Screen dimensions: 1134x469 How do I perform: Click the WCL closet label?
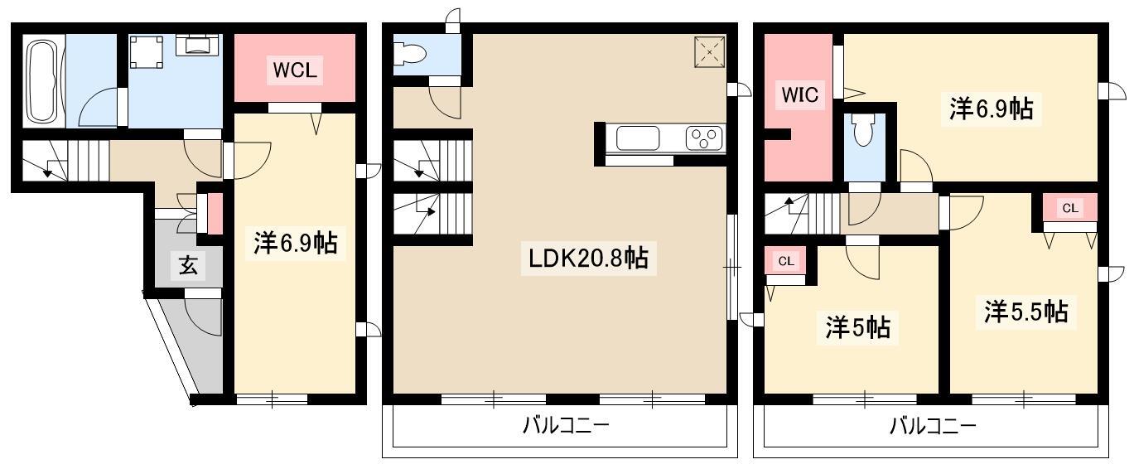coord(295,70)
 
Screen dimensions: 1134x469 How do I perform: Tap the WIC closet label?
coord(799,94)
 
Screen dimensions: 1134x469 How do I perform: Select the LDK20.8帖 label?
coord(588,259)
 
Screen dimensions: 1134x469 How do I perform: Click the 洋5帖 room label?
coord(857,327)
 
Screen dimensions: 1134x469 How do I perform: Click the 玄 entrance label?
coord(188,265)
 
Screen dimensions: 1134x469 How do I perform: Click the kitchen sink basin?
coord(638,138)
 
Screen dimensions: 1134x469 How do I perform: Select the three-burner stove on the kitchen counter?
coord(704,138)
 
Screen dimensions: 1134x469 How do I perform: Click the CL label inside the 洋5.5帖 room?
coord(1070,208)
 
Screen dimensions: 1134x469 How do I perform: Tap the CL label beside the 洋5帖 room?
coord(786,261)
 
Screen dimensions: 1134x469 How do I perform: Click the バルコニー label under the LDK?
coord(566,425)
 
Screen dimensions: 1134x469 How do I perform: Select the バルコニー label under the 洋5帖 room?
coord(933,426)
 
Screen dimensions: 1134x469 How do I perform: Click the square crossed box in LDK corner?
coord(710,51)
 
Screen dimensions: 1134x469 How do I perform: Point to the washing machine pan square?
coord(147,51)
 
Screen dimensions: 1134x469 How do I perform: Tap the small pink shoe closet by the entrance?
coord(215,213)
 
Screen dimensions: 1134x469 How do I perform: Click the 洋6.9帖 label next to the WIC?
coord(992,109)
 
